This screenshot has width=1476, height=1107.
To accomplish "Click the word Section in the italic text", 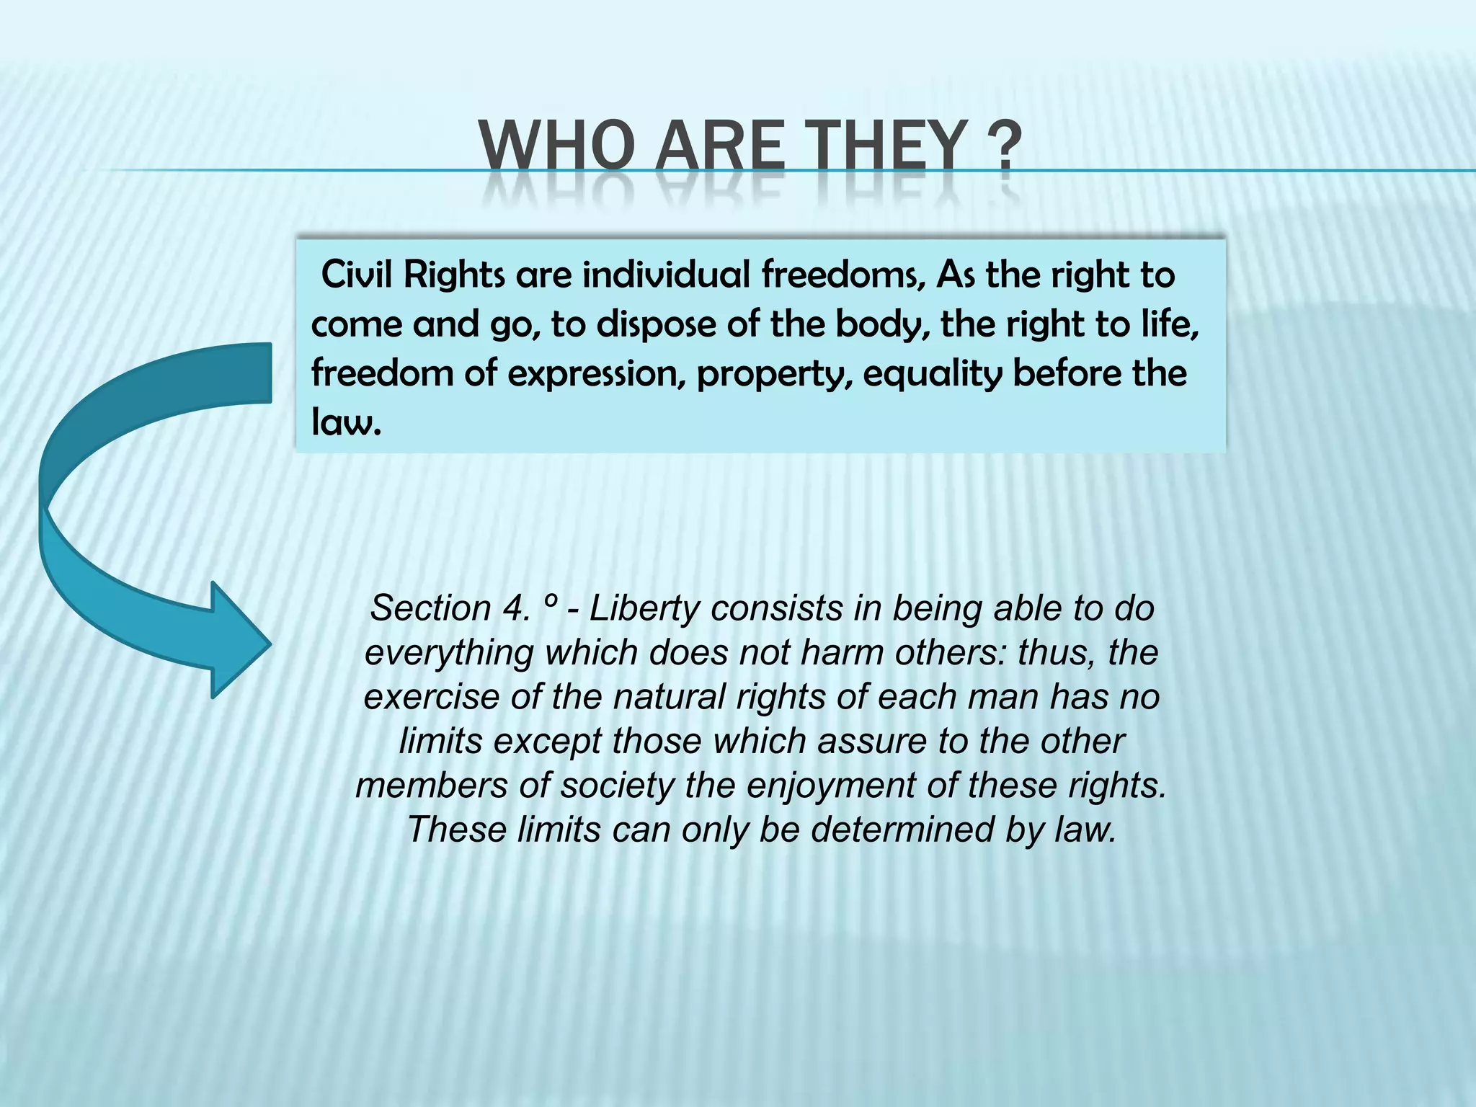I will click(430, 608).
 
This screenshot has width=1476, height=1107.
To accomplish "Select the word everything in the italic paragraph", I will click(448, 654).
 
